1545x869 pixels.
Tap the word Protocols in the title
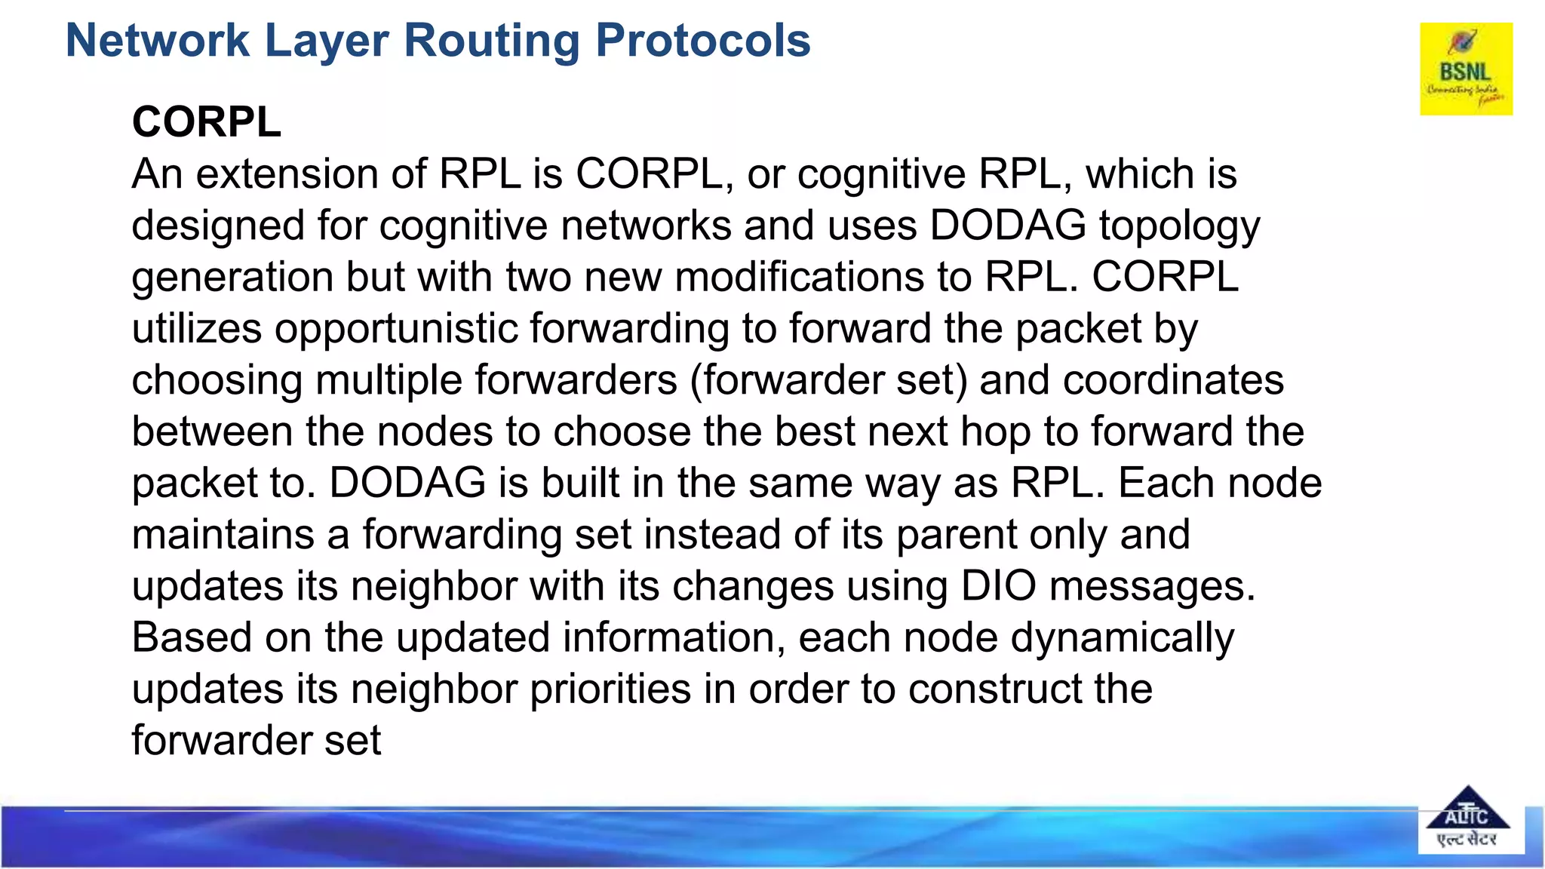tap(703, 41)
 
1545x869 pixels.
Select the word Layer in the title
tap(327, 41)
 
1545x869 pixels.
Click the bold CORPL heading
tap(207, 122)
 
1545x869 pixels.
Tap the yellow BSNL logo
tap(1466, 69)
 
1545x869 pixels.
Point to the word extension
tap(287, 174)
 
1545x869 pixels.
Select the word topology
tap(1179, 226)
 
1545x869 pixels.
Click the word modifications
tap(799, 277)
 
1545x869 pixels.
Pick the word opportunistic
tap(395, 329)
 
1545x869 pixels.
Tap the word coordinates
tap(1173, 380)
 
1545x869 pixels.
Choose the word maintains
tap(223, 535)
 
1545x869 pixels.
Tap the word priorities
tap(610, 689)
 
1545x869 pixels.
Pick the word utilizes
tap(197, 329)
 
